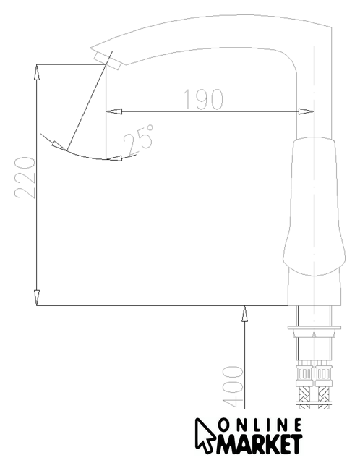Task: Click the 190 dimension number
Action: click(x=203, y=99)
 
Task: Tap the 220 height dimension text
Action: click(x=25, y=177)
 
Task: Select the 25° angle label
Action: click(x=139, y=140)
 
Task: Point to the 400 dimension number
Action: click(x=233, y=387)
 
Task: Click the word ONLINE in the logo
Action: click(x=261, y=425)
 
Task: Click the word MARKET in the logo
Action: click(x=259, y=443)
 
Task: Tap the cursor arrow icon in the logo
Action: click(x=205, y=436)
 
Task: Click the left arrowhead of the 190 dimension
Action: click(x=114, y=111)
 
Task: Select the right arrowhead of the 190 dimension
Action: click(x=306, y=111)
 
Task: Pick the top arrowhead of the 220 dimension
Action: click(x=36, y=72)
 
